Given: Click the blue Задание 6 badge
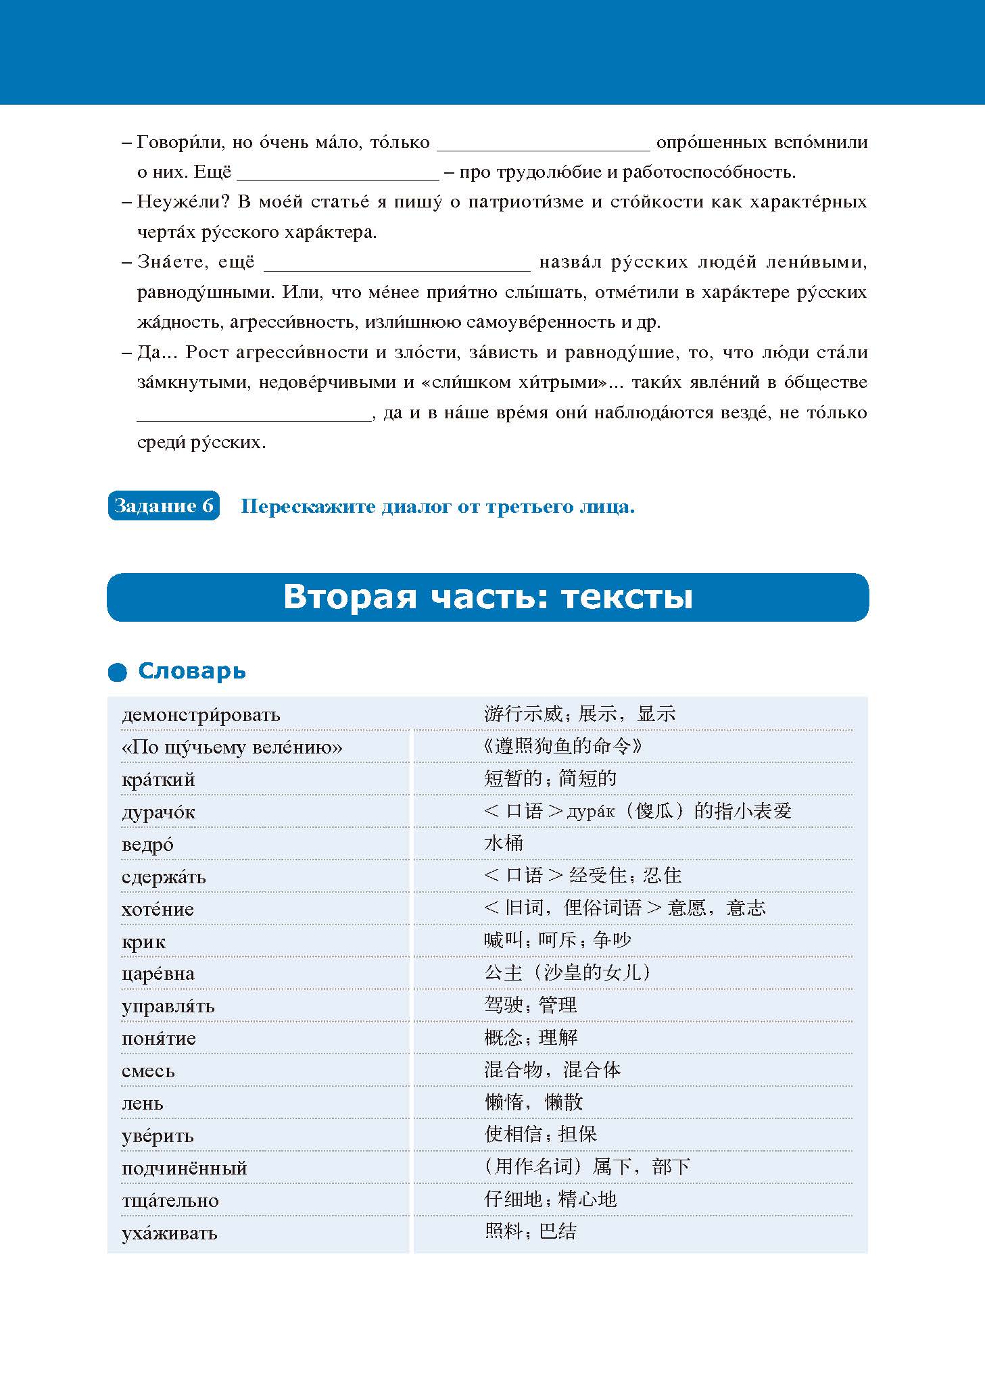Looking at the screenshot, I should click(164, 505).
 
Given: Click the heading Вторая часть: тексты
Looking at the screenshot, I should click(487, 597).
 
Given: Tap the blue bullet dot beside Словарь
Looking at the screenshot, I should click(118, 672).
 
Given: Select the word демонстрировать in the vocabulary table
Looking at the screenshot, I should click(201, 714).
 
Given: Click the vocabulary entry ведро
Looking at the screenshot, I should click(147, 844).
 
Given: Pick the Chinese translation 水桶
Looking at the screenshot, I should click(504, 843).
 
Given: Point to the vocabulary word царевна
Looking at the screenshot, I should click(158, 974).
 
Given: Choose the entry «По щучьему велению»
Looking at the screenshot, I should click(232, 747).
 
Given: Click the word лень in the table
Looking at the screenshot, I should click(143, 1104).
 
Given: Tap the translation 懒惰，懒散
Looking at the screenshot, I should click(533, 1102).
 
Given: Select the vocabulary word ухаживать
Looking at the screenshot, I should click(169, 1233).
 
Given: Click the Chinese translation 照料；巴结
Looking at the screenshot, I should click(531, 1231).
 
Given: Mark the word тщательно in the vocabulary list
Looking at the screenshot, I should click(170, 1201).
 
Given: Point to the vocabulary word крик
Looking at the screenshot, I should click(143, 941).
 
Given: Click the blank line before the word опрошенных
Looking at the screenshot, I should click(544, 145).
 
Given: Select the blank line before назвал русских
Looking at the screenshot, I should click(397, 265).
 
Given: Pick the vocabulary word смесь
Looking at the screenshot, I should click(148, 1071).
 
